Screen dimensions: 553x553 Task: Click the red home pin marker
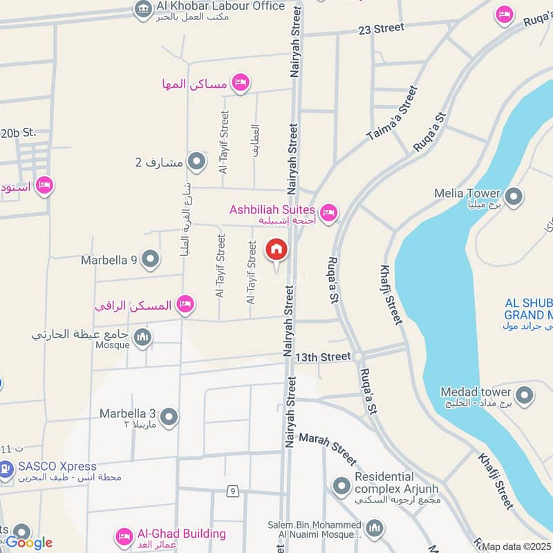point(276,250)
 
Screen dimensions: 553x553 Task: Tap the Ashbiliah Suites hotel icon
point(329,212)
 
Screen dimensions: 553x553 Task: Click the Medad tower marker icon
point(525,395)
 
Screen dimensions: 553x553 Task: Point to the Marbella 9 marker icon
point(150,260)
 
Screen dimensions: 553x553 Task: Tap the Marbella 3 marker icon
point(168,417)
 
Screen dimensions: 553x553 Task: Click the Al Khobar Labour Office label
point(221,6)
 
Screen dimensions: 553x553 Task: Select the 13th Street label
point(323,357)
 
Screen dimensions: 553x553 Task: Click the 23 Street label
point(381,28)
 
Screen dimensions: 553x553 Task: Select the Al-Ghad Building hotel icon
point(124,536)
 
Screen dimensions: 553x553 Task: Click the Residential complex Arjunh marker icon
point(340,487)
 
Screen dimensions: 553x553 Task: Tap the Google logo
point(28,543)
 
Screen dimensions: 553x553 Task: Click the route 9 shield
point(234,491)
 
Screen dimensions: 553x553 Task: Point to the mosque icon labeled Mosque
point(142,337)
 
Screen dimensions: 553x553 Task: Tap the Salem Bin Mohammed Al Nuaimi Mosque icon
point(374,529)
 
